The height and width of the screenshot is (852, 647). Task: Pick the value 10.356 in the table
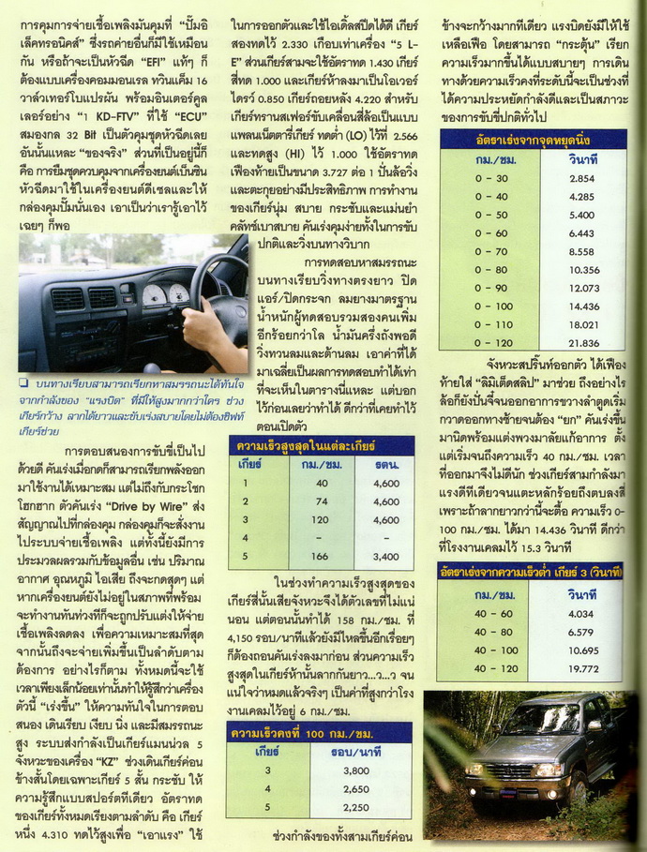point(582,270)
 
